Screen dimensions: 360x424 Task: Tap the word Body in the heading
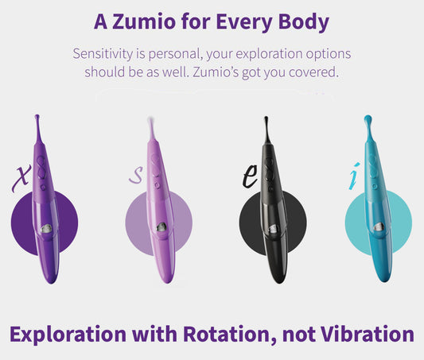pyautogui.click(x=301, y=21)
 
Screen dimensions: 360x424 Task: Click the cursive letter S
pyautogui.click(x=136, y=176)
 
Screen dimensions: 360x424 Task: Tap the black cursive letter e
pyautogui.click(x=250, y=178)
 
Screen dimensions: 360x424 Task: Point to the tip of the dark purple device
pyautogui.click(x=37, y=118)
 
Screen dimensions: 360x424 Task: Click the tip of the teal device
pyautogui.click(x=368, y=121)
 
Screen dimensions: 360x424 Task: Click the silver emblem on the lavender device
pyautogui.click(x=161, y=228)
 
